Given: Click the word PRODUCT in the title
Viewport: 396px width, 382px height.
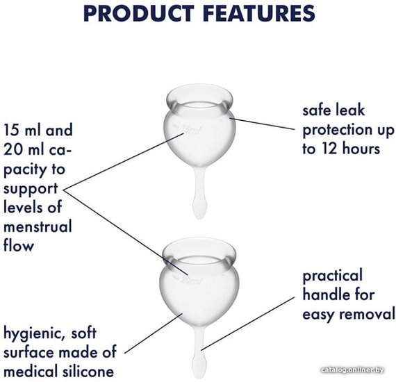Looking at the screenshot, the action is [139, 13].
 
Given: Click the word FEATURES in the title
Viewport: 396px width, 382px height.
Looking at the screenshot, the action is [259, 13].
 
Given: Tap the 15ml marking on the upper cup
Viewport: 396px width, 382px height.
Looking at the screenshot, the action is [190, 129].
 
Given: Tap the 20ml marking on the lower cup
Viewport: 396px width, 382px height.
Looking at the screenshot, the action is [192, 280].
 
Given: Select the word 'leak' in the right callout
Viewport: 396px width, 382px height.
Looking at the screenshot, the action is [352, 110].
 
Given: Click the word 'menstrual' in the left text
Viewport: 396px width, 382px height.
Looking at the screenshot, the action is [38, 226].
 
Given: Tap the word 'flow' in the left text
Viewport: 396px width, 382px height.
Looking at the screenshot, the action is [19, 245].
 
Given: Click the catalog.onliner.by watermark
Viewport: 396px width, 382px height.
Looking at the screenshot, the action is [352, 370].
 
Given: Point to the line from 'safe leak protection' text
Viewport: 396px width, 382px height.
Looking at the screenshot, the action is [262, 124].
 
